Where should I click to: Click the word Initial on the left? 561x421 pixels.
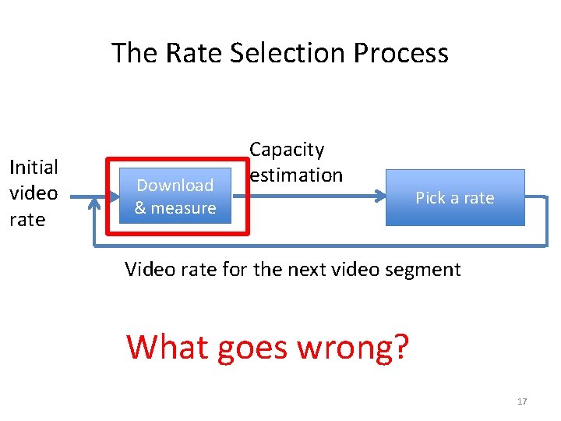[33, 168]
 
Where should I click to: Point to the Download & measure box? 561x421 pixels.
[175, 196]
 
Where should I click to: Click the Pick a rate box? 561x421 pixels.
[455, 197]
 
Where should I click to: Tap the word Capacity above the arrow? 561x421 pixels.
[287, 150]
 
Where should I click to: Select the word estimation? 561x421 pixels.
[297, 175]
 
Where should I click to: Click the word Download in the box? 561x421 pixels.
[175, 186]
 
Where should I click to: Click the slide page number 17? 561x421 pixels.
[522, 402]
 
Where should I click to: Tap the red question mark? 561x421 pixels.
[400, 347]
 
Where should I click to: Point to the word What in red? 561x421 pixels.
[168, 346]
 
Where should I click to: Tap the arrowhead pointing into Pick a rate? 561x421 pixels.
[380, 197]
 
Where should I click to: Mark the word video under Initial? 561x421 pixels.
[33, 193]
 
